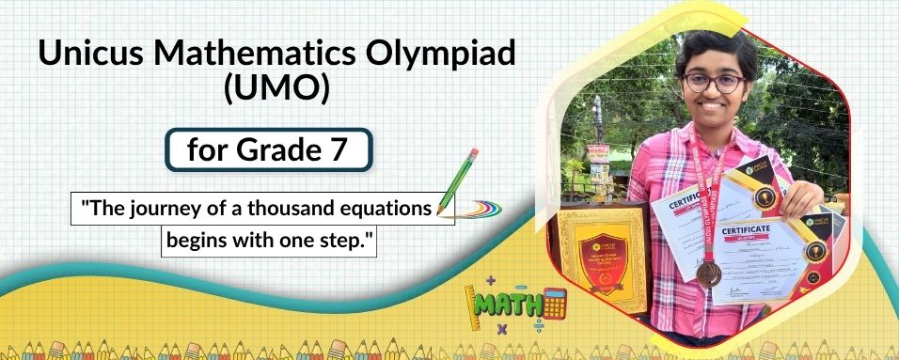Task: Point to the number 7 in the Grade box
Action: point(338,150)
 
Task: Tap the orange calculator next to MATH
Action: point(555,303)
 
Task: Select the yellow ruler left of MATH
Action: point(473,306)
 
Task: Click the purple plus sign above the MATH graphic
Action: point(490,279)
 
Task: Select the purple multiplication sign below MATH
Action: point(501,329)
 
